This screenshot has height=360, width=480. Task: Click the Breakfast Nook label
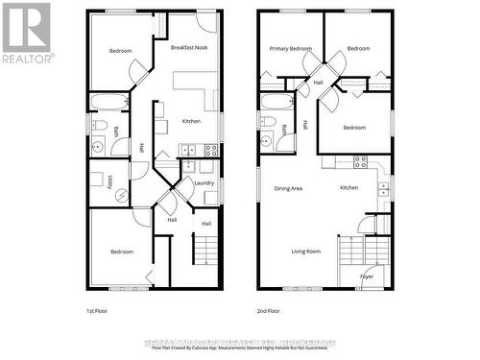click(x=189, y=47)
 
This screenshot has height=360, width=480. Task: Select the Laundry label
click(x=204, y=182)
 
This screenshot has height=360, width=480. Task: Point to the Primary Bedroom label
click(x=290, y=48)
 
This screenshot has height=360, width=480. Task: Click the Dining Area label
click(x=288, y=188)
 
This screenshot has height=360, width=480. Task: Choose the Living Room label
click(x=306, y=252)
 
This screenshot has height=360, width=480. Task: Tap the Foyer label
click(x=367, y=276)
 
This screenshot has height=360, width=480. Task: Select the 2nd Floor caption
click(x=269, y=311)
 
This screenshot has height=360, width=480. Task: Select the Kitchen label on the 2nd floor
click(x=348, y=187)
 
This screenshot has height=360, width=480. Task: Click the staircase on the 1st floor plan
click(x=204, y=251)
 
